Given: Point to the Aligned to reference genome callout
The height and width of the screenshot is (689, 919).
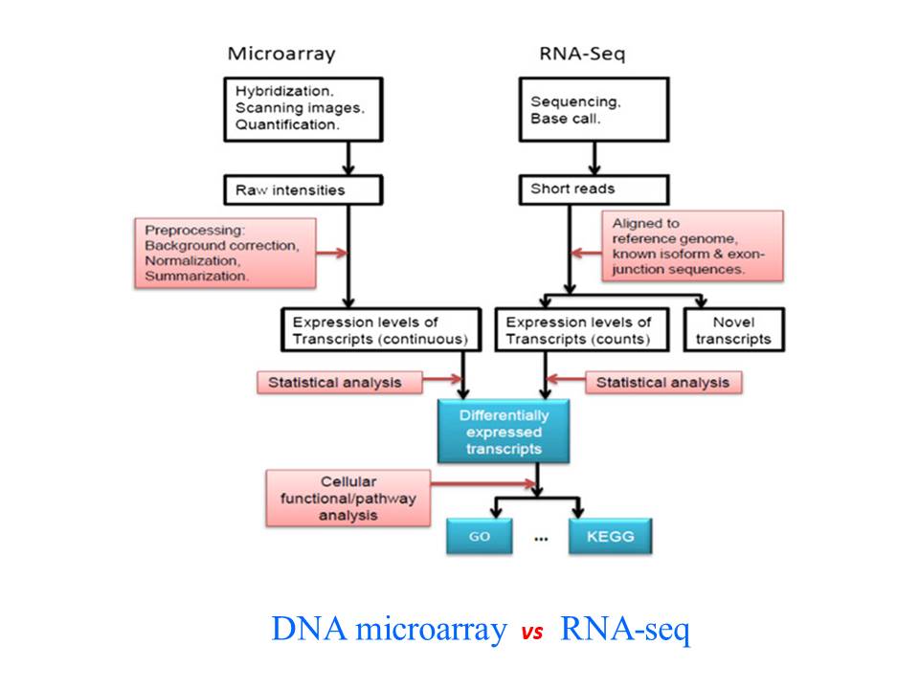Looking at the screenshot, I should tap(692, 247).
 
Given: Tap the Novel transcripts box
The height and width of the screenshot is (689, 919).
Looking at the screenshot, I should tap(733, 330).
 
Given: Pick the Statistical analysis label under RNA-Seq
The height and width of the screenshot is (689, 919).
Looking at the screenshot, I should tap(662, 383).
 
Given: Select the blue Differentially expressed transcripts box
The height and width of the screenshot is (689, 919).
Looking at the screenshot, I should tap(504, 432).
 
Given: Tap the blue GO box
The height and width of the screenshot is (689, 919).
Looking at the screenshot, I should tap(480, 537).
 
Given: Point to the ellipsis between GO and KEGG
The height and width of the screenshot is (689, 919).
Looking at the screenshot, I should tap(542, 539).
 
